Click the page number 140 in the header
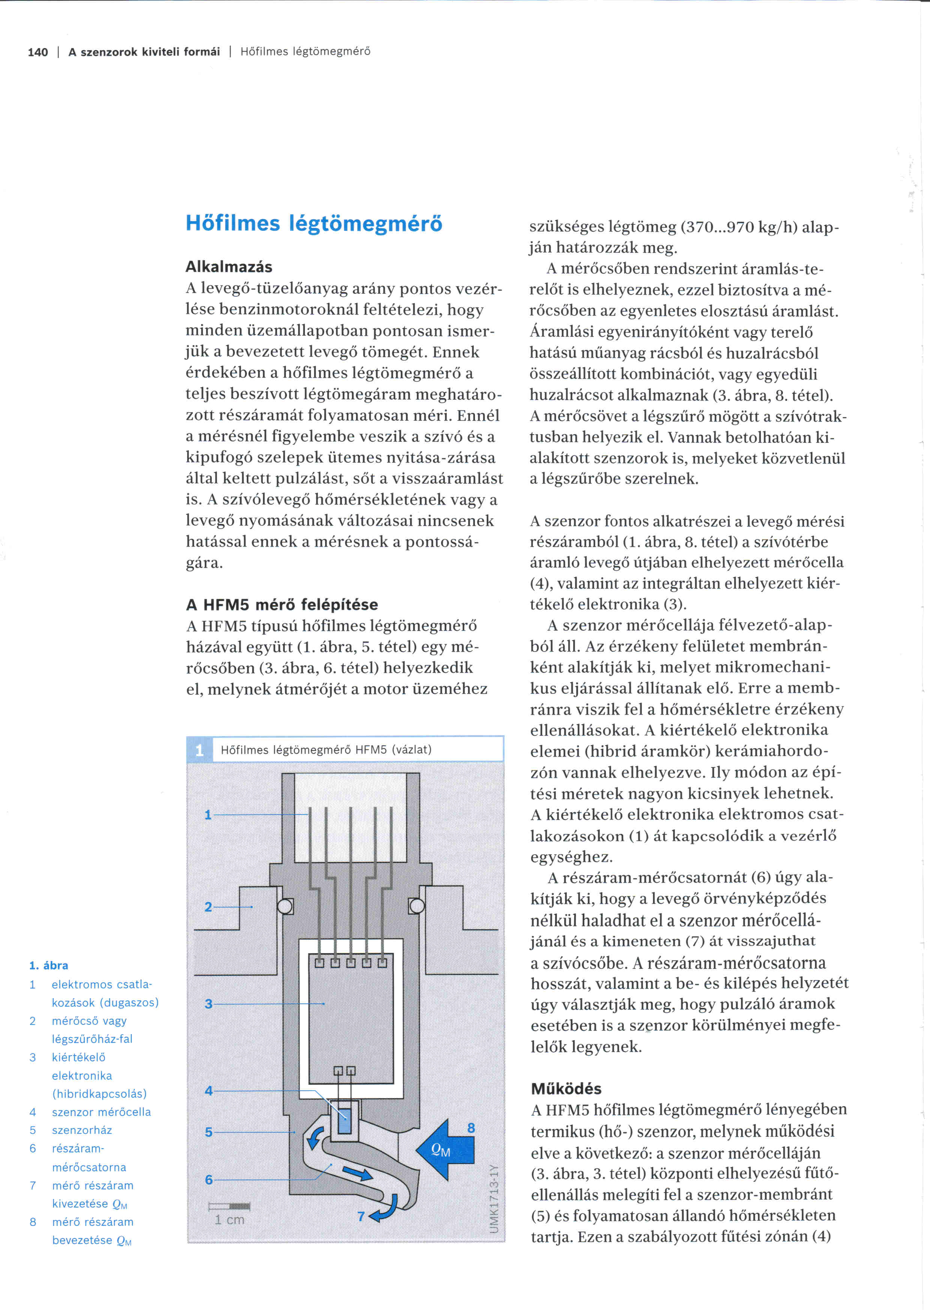pyautogui.click(x=38, y=52)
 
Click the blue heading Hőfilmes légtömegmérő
pyautogui.click(x=314, y=223)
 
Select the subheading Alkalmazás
pyautogui.click(x=228, y=267)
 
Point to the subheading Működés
pyautogui.click(x=566, y=1088)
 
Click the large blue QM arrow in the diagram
pyautogui.click(x=445, y=1150)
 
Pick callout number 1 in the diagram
pyautogui.click(x=208, y=815)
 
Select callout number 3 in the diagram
pyautogui.click(x=208, y=1003)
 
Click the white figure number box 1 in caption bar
pyautogui.click(x=199, y=750)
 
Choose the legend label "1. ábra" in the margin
pyautogui.click(x=49, y=966)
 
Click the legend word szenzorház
pyautogui.click(x=82, y=1130)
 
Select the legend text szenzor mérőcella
pyautogui.click(x=101, y=1112)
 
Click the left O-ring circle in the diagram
pyautogui.click(x=285, y=906)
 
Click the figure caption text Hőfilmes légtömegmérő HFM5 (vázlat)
pyautogui.click(x=326, y=750)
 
